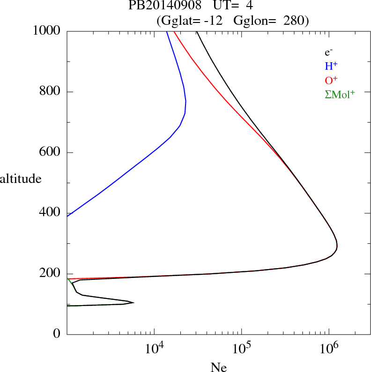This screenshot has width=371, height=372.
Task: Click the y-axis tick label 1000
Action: [46, 31]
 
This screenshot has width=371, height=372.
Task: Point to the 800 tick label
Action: [50, 92]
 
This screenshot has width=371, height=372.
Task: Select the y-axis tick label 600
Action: [50, 153]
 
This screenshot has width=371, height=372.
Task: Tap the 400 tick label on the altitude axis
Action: [50, 213]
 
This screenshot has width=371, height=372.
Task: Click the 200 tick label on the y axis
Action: [50, 274]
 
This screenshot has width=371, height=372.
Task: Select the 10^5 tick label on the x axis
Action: [241, 348]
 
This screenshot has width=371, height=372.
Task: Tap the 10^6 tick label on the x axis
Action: [328, 348]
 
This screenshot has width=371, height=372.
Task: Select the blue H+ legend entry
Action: [332, 66]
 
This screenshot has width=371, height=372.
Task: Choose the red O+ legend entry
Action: [332, 80]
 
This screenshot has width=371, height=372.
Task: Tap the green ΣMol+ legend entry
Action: [340, 95]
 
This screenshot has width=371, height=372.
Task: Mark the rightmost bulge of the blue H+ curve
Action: [186, 102]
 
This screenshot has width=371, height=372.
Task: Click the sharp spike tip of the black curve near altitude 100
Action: [134, 303]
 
